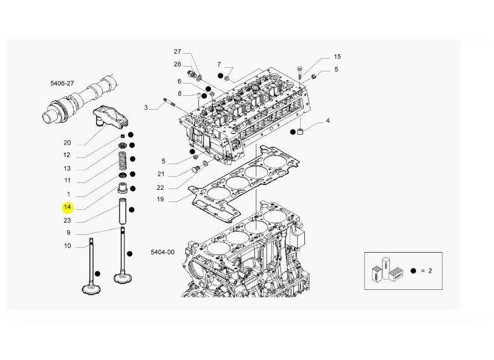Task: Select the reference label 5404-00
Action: pos(162,252)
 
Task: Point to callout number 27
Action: pos(177,51)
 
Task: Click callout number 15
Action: pos(337,57)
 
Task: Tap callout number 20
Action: pos(67,143)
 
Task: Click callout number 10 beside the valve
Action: pos(67,246)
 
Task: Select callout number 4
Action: pos(328,121)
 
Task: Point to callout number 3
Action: pos(146,108)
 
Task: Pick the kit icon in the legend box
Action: pos(388,270)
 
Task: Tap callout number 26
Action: pos(177,63)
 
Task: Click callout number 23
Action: pos(67,220)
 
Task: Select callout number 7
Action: pos(218,64)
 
